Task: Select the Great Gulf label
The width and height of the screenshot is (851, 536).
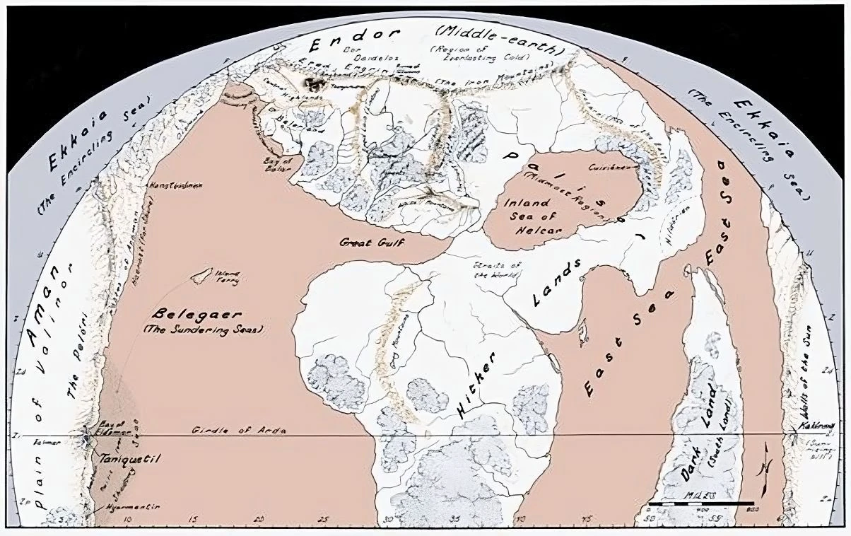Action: click(x=365, y=242)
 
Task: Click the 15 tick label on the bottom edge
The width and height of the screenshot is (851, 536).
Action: click(x=194, y=521)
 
